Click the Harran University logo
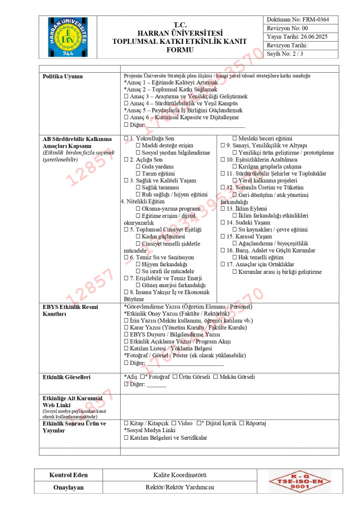[x=68, y=37]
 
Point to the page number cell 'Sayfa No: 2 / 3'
[x=284, y=54]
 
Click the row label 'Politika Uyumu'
[x=63, y=76]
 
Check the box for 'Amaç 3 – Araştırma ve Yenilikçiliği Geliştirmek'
[x=126, y=96]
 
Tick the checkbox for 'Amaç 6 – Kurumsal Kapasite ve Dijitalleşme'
[x=126, y=118]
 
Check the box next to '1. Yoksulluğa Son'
[x=126, y=138]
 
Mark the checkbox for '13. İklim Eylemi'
[x=223, y=209]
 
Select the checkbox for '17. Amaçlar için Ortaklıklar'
[x=223, y=265]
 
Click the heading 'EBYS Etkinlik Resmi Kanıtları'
[x=70, y=310]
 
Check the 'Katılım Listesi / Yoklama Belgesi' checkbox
[x=126, y=348]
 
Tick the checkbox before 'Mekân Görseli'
[x=215, y=377]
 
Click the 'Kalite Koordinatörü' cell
[x=180, y=475]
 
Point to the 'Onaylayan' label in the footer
[x=69, y=488]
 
